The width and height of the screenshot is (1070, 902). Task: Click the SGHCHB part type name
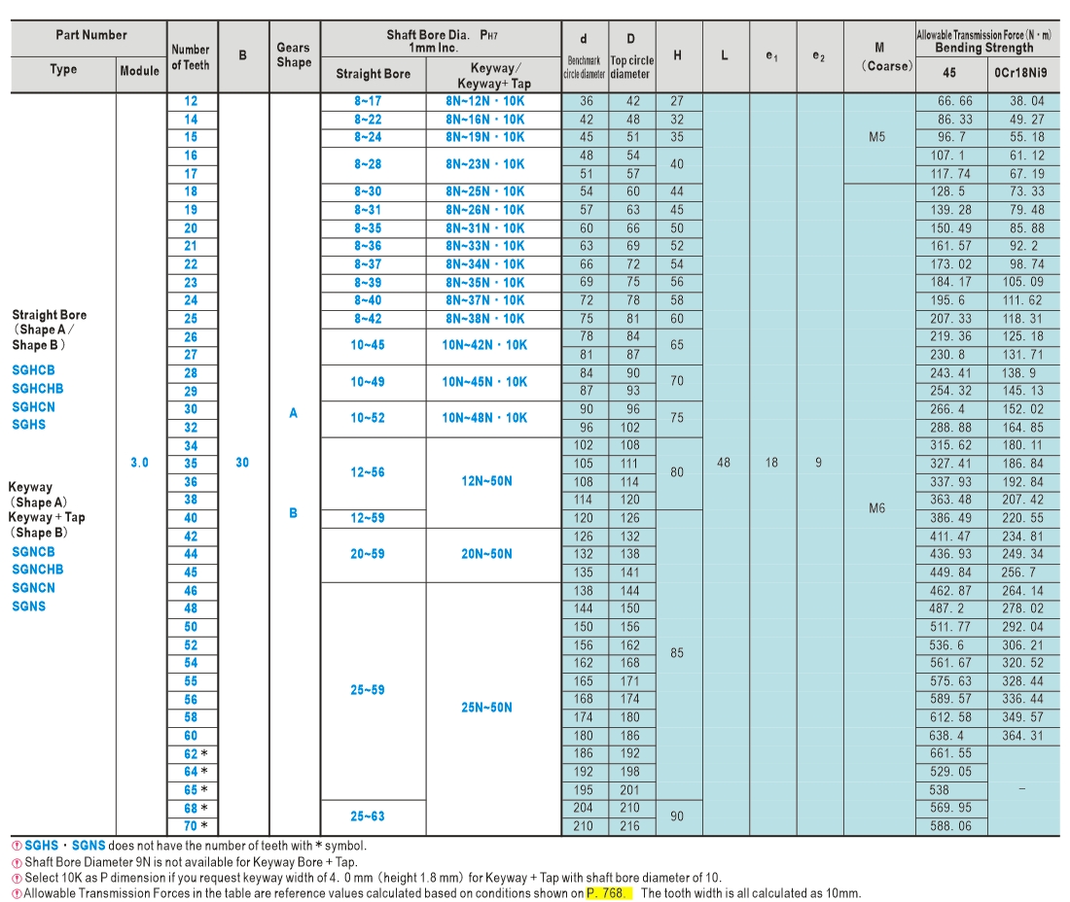click(38, 389)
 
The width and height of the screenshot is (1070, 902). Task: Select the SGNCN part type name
click(33, 588)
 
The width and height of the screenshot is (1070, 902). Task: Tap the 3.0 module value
click(139, 463)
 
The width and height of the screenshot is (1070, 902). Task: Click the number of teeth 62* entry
click(196, 754)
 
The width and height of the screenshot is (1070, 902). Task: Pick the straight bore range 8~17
click(368, 101)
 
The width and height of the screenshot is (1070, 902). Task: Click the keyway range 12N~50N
click(486, 481)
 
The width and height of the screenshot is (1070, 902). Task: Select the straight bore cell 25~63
click(368, 816)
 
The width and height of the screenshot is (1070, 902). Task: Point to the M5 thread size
click(876, 137)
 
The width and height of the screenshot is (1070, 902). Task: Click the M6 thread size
click(876, 508)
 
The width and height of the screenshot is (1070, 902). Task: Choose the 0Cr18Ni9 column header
click(1020, 72)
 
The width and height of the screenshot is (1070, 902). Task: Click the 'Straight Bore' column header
click(374, 74)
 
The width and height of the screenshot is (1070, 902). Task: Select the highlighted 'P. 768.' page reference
click(606, 893)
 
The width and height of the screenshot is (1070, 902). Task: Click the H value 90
click(677, 816)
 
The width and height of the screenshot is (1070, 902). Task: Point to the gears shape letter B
click(294, 512)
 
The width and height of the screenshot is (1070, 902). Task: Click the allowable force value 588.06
click(950, 826)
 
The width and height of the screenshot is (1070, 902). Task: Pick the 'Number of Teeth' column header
click(191, 57)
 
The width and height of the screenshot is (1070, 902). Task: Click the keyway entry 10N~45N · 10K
click(484, 382)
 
